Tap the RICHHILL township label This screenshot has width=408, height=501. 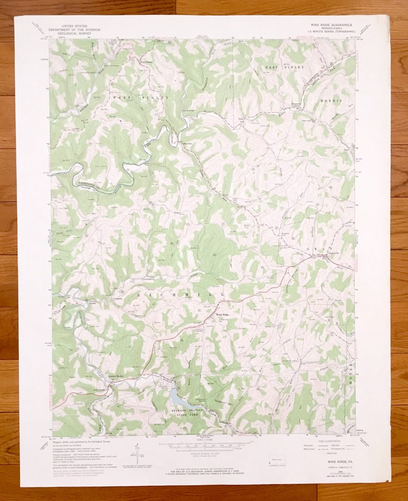(180, 294)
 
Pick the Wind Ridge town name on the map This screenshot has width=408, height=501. (222, 314)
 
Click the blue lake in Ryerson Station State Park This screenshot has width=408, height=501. (178, 396)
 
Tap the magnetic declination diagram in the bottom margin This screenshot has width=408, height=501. (136, 452)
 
